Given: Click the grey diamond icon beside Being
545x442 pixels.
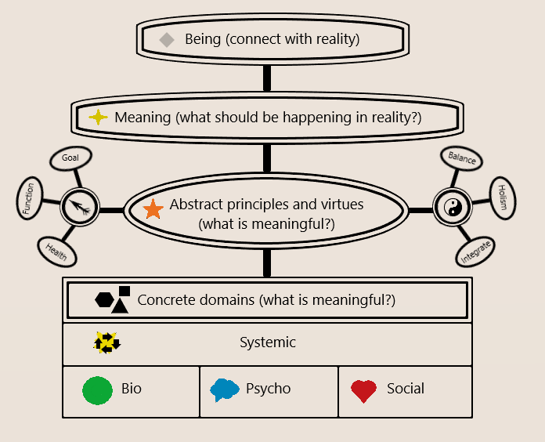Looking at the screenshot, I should pyautogui.click(x=166, y=39).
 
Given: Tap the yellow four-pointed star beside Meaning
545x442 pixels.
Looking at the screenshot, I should pyautogui.click(x=98, y=118).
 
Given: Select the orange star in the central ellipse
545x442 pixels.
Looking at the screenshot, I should pyautogui.click(x=153, y=209).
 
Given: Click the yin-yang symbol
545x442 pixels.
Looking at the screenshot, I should pyautogui.click(x=450, y=208).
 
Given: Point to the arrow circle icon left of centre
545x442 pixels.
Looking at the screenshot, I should pyautogui.click(x=78, y=208).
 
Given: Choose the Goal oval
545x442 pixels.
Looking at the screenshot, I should pyautogui.click(x=70, y=158).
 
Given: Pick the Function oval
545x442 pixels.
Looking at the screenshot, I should pyautogui.click(x=29, y=199).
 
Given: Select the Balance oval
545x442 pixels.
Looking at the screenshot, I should pyautogui.click(x=462, y=158).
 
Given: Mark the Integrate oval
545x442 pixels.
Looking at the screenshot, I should pyautogui.click(x=476, y=252).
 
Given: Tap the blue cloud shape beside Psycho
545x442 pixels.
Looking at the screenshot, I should pyautogui.click(x=225, y=389).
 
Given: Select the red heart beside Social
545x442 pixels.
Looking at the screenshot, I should pyautogui.click(x=363, y=390).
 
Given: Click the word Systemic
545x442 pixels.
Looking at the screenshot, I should pyautogui.click(x=268, y=342).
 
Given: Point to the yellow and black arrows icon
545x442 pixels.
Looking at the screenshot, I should pyautogui.click(x=106, y=342).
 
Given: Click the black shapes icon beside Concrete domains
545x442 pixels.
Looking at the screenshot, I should pyautogui.click(x=113, y=299).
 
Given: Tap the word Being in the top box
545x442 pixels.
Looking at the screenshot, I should pyautogui.click(x=202, y=39).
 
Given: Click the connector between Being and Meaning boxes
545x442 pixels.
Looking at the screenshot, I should pyautogui.click(x=267, y=79).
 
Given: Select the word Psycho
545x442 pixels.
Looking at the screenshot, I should pyautogui.click(x=268, y=389).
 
